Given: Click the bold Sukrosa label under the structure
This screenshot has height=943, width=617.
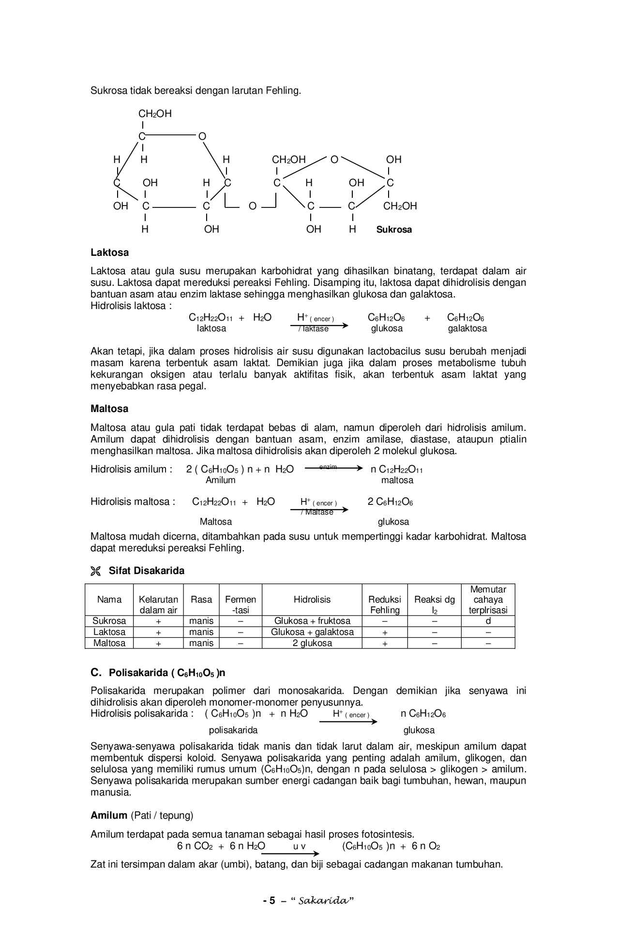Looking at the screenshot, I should click(x=394, y=230).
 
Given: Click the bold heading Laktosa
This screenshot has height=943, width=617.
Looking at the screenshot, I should click(x=110, y=252).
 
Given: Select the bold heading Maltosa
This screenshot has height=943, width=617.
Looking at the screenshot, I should click(x=109, y=409).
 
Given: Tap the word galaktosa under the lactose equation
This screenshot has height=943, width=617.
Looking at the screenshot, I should click(x=467, y=328).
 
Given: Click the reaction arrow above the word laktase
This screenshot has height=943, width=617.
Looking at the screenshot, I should click(x=319, y=325).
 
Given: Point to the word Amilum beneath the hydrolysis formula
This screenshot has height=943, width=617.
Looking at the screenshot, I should click(x=220, y=480).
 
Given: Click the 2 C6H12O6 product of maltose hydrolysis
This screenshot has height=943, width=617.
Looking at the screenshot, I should click(x=390, y=502).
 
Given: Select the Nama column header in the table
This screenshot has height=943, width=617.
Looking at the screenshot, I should click(x=109, y=600).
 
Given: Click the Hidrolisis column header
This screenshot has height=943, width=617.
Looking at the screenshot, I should click(x=312, y=600).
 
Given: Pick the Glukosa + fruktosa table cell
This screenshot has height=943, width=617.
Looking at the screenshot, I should click(x=312, y=621).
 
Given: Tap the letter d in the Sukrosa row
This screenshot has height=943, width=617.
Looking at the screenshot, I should click(x=488, y=621).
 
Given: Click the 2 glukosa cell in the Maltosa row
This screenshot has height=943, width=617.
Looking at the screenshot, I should click(x=312, y=643).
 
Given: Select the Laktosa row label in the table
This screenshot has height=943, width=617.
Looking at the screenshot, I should click(x=109, y=632).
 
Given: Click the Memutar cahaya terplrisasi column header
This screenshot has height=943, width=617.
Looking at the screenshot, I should click(x=488, y=600).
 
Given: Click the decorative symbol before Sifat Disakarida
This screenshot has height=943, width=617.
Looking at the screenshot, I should click(x=95, y=571).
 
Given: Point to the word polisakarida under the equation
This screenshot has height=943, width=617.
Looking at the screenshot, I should click(x=233, y=730).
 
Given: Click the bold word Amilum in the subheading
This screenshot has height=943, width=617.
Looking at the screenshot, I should click(x=109, y=816).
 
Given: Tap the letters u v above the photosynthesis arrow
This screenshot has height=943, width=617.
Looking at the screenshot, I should click(x=299, y=847).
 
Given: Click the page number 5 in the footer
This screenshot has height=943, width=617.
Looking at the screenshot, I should click(x=272, y=900).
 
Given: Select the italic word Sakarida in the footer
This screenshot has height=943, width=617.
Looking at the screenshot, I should click(x=323, y=900).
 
